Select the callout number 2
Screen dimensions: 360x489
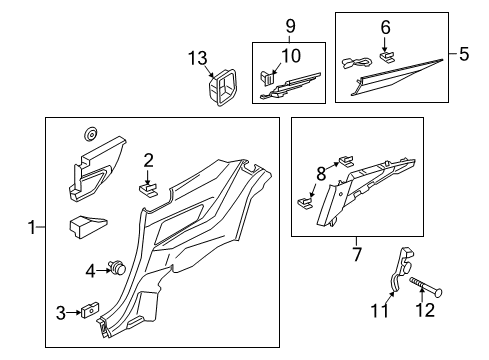[x=148, y=159]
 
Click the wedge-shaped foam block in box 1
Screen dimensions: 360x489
[x=88, y=225]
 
